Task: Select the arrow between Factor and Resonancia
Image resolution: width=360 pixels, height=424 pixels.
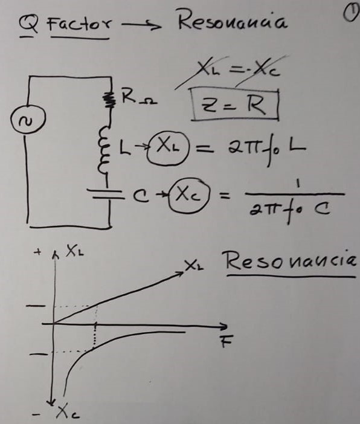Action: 141,25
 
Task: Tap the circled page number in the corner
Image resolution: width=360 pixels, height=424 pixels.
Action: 350,13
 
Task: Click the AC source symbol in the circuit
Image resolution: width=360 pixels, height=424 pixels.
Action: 28,119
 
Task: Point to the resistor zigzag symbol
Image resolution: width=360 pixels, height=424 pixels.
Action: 109,99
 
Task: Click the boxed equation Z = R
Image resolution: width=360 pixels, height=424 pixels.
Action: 235,104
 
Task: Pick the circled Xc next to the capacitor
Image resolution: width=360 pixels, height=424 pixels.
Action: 189,196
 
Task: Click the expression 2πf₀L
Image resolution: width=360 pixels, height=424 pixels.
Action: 267,150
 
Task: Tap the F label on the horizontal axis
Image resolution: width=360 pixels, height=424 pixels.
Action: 227,341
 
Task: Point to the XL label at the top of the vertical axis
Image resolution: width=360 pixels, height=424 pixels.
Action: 75,251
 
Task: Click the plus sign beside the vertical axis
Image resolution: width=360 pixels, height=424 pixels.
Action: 38,252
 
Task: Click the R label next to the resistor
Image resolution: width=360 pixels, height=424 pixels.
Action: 128,96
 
